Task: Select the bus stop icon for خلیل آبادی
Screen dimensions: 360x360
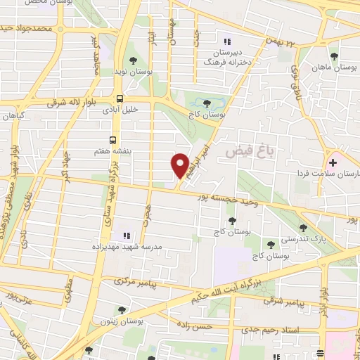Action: tap(120, 98)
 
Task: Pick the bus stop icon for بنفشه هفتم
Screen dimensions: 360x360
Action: tap(112, 140)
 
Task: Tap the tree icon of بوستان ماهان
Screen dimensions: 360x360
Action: tap(334, 56)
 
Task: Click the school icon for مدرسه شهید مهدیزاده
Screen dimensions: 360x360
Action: tap(127, 236)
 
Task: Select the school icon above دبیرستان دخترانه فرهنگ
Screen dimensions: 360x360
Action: tap(226, 39)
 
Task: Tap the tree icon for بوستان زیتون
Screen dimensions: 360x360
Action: tap(123, 309)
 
